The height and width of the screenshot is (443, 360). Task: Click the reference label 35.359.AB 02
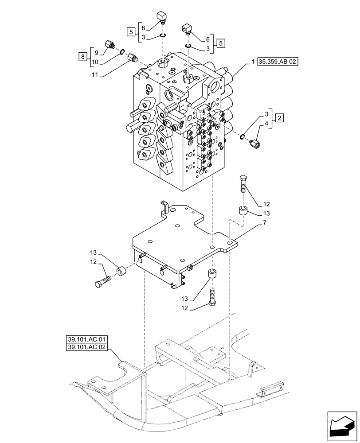[278, 62]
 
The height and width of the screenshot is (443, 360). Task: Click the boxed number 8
[82, 56]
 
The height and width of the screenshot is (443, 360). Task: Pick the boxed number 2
[278, 118]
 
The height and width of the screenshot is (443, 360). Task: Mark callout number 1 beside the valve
[253, 62]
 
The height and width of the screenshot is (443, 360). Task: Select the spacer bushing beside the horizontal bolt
[121, 271]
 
